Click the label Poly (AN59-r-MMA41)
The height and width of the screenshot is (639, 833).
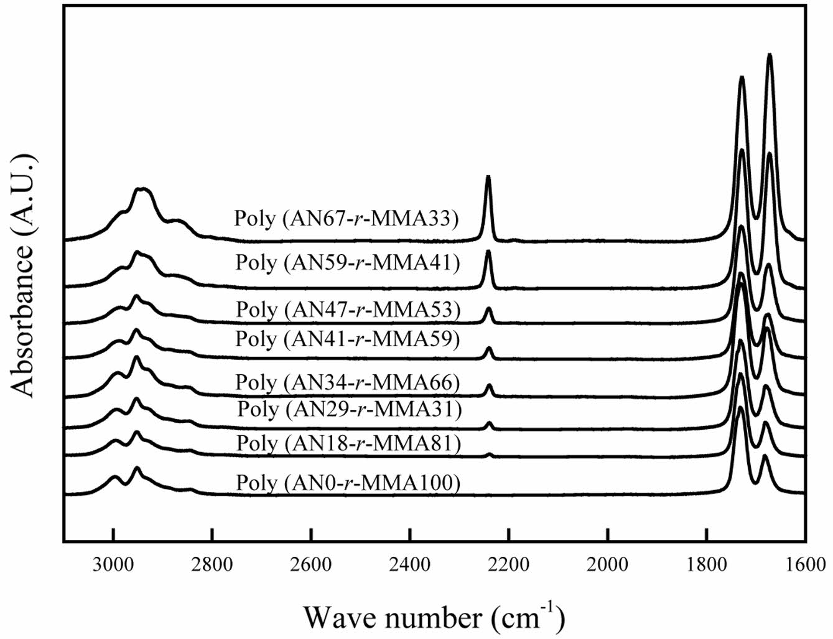pos(347,262)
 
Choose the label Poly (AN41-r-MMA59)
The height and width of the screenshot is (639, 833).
pos(347,339)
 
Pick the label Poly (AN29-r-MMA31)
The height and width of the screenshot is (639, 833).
pos(349,409)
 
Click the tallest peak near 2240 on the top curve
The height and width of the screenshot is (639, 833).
pos(488,177)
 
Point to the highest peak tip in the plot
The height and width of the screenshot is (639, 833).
pos(770,55)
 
